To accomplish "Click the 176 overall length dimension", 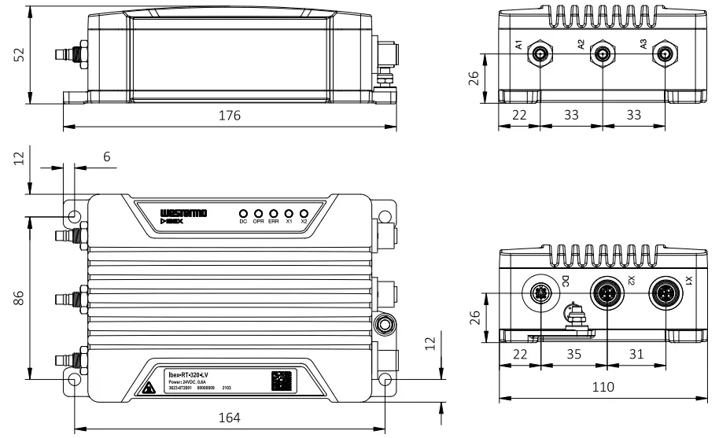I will tap(229, 116).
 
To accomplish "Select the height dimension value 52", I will tap(20, 54).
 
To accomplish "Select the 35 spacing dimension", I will tap(575, 355).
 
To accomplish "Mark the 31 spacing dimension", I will tap(636, 355).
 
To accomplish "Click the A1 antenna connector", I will tap(541, 54).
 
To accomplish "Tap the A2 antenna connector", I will tap(603, 54).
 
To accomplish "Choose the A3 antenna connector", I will tap(665, 54).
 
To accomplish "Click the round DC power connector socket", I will tap(541, 293).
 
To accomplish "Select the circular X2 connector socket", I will tap(607, 293).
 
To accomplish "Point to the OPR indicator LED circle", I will tap(258, 213).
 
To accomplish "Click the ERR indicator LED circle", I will tap(273, 213).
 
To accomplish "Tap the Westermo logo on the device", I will tap(183, 213).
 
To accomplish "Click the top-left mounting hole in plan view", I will tap(75, 216).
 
